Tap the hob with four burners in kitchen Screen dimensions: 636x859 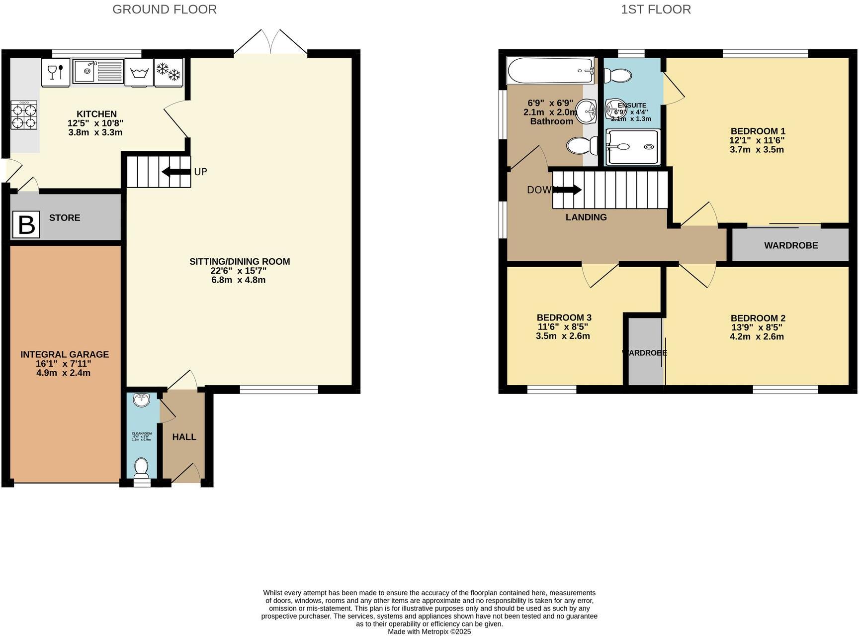pos(24,115)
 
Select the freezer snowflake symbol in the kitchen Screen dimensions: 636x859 pos(169,72)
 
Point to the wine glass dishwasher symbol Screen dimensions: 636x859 pos(55,72)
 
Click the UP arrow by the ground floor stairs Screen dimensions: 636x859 pos(176,172)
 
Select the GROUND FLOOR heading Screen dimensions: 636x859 pos(165,9)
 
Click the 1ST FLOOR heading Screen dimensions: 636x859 pos(656,9)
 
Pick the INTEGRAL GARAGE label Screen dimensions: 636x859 pos(64,354)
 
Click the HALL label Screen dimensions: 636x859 pos(184,437)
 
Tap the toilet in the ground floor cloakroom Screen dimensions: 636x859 pos(142,468)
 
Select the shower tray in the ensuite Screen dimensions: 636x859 pos(633,147)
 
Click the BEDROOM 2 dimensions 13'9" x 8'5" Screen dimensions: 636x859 pos(757,327)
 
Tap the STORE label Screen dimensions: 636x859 pos(65,218)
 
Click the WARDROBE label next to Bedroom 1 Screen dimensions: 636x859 pos(790,245)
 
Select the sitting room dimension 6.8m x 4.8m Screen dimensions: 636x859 pos(239,280)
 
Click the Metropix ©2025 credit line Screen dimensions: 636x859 pos(429,632)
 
